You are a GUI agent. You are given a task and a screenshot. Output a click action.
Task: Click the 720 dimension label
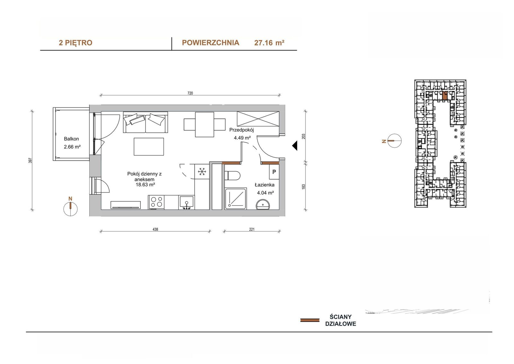190,93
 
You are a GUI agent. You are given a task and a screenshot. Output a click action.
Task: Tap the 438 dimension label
155,229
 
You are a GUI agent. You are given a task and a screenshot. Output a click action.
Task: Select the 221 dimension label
252,229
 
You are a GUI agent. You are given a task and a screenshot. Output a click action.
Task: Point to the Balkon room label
71,139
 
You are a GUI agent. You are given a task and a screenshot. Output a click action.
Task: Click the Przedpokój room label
242,130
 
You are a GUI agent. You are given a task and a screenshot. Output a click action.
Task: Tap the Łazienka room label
265,185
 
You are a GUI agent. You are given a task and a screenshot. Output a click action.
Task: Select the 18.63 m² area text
145,185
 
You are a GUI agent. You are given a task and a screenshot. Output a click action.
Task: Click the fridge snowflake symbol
202,172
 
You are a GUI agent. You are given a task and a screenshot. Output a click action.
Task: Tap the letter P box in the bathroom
274,172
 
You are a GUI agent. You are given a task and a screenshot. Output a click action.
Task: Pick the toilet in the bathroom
232,176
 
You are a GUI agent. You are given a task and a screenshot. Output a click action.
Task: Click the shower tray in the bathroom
236,199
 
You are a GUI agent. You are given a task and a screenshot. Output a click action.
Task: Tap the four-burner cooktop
156,202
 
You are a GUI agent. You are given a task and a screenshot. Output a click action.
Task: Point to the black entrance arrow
295,145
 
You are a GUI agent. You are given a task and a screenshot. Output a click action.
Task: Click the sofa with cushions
146,122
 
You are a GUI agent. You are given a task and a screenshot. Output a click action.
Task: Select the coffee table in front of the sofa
149,146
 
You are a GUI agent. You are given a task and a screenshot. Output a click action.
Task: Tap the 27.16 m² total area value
270,43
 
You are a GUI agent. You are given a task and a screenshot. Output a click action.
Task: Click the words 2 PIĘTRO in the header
75,43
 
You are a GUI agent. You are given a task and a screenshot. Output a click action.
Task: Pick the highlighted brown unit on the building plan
445,96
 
